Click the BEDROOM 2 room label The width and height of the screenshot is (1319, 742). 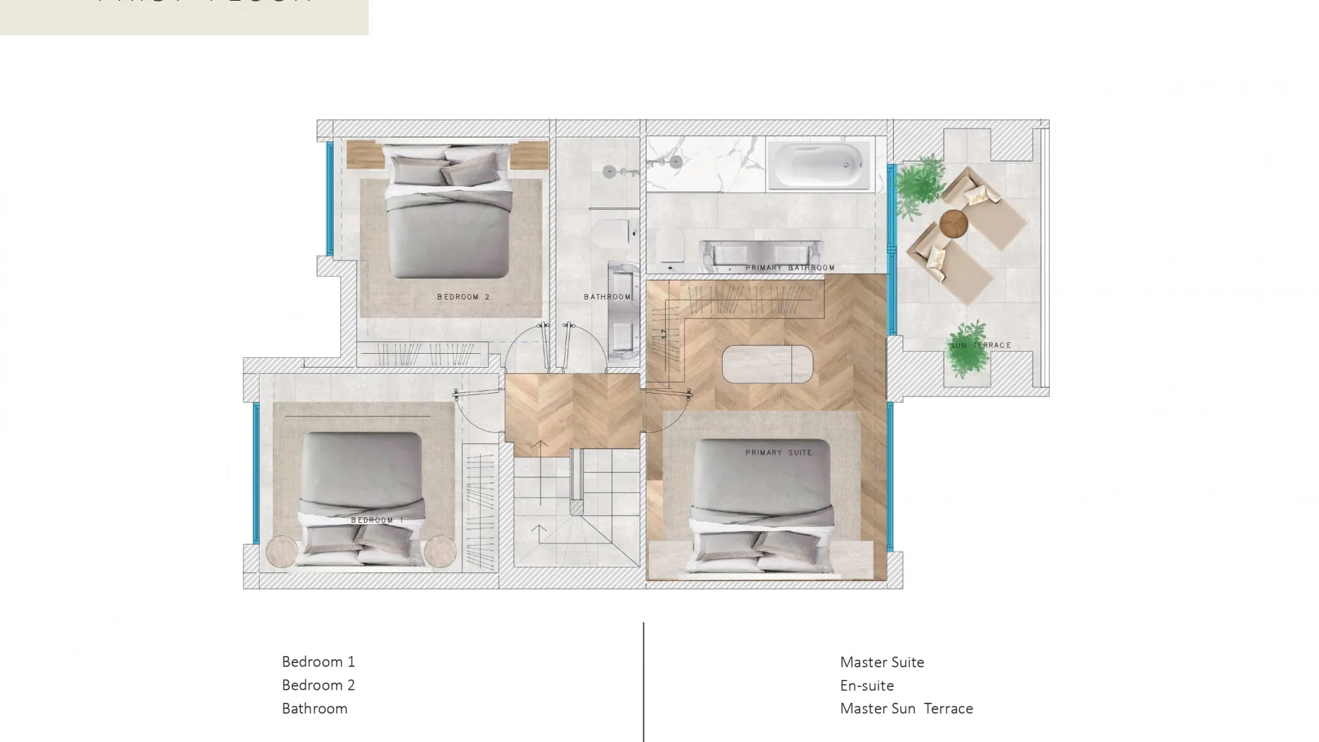tap(463, 297)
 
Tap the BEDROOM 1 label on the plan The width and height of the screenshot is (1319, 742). tap(377, 520)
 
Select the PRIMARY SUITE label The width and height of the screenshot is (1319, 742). tap(778, 453)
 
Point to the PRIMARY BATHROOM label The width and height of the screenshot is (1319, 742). tap(790, 267)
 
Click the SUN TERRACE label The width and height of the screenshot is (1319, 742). tap(980, 345)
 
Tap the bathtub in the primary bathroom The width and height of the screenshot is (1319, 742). tap(818, 165)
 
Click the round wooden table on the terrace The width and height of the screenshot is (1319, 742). tap(954, 223)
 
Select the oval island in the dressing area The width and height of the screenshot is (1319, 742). tap(767, 363)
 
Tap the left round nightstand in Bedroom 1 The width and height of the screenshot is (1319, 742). tap(282, 551)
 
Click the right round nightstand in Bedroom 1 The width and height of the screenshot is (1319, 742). tap(440, 551)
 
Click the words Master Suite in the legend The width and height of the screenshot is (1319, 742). tap(881, 662)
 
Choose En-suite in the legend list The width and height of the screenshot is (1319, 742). tap(866, 686)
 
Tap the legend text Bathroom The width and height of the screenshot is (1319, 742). tap(314, 708)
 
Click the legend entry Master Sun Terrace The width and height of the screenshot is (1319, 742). tap(906, 708)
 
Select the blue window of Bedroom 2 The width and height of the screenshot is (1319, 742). tap(330, 198)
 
